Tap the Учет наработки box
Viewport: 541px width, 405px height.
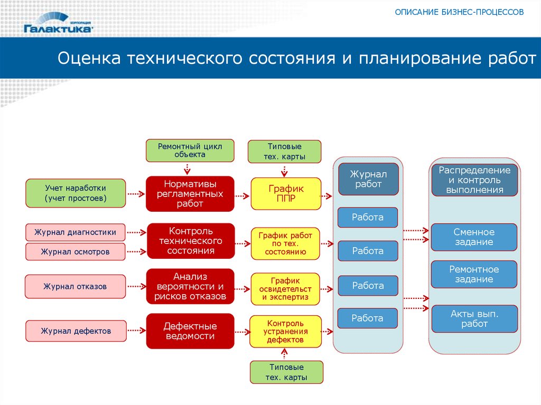tap(76, 193)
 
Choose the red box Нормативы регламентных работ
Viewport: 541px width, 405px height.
tap(190, 193)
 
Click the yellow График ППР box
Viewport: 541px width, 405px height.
tap(285, 193)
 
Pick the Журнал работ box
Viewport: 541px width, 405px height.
tap(368, 179)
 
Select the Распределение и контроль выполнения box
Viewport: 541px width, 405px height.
tap(474, 180)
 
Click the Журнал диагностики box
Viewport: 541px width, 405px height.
tap(76, 232)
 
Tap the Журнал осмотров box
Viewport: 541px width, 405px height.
tap(76, 252)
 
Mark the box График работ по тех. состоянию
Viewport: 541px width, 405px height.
tap(285, 243)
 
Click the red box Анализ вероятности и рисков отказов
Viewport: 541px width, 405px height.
tap(190, 287)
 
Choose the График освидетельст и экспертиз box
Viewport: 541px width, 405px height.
tap(285, 289)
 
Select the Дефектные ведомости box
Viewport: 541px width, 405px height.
tap(190, 331)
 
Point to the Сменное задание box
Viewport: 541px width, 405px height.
tap(474, 237)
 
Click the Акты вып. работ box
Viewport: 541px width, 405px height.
tap(474, 318)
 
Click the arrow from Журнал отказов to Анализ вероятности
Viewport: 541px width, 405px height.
tap(136, 287)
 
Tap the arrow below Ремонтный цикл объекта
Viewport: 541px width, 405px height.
tap(186, 168)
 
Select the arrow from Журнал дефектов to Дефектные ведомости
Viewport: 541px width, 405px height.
tap(136, 331)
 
